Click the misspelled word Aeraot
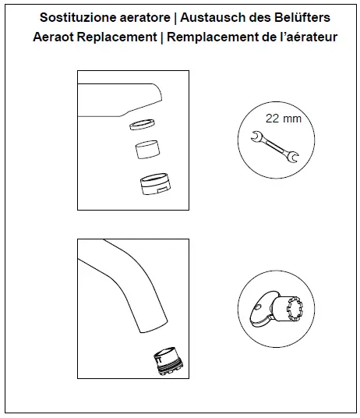pyautogui.click(x=56, y=37)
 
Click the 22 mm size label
pyautogui.click(x=284, y=119)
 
